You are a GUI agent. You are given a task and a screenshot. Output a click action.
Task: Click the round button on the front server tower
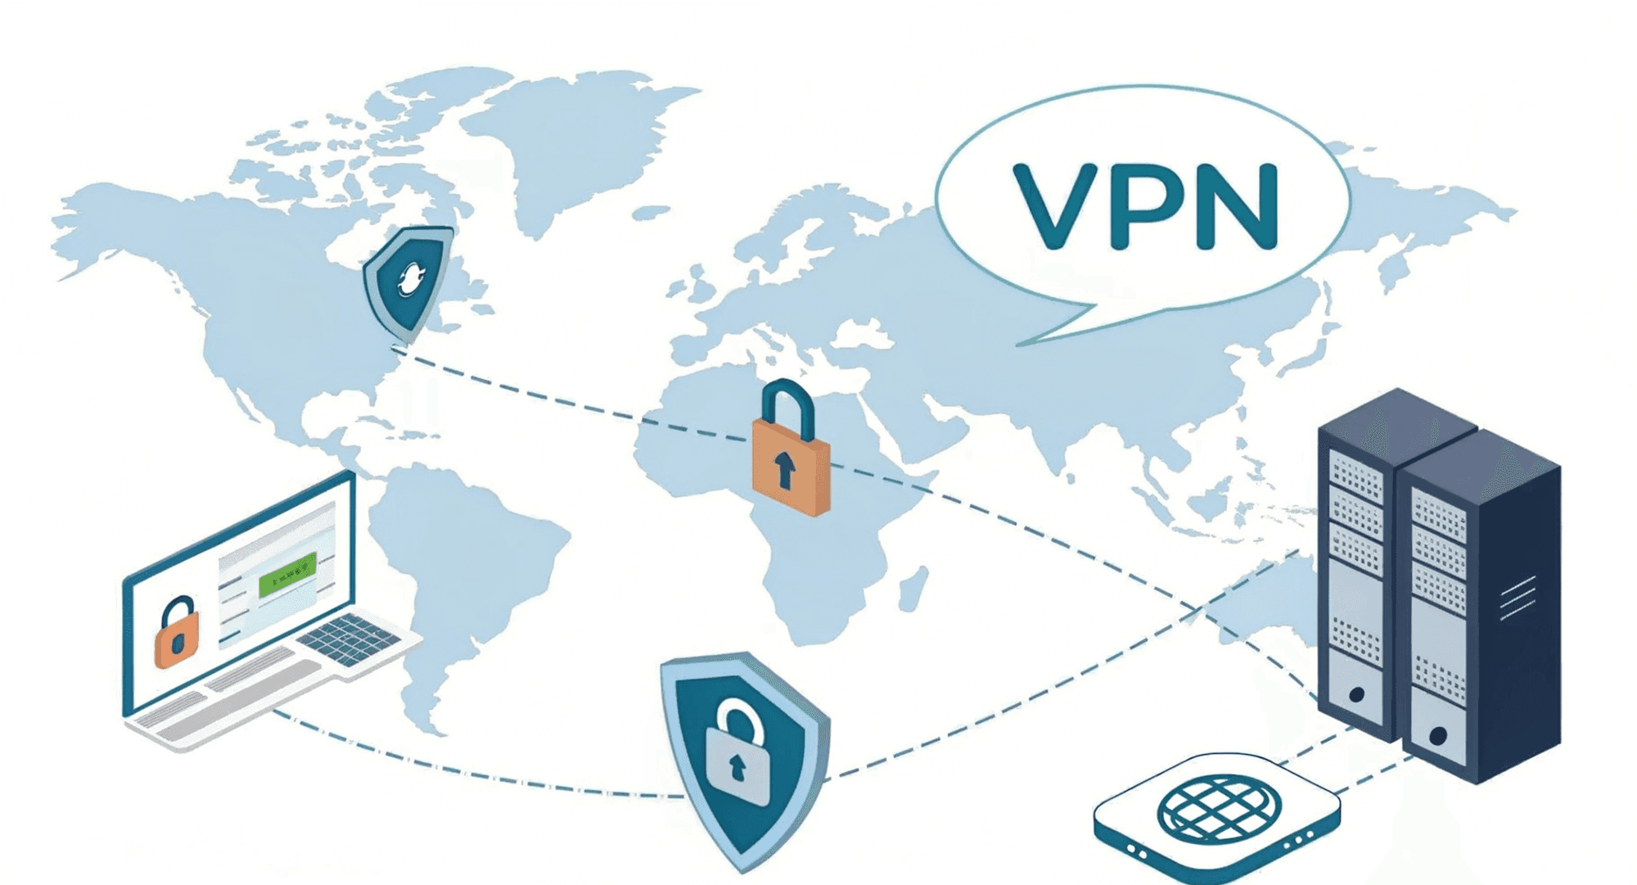pos(1437,735)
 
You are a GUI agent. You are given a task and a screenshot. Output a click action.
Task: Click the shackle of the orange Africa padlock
pos(787,405)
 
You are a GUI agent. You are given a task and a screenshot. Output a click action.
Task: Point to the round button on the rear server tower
pos(1355,695)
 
